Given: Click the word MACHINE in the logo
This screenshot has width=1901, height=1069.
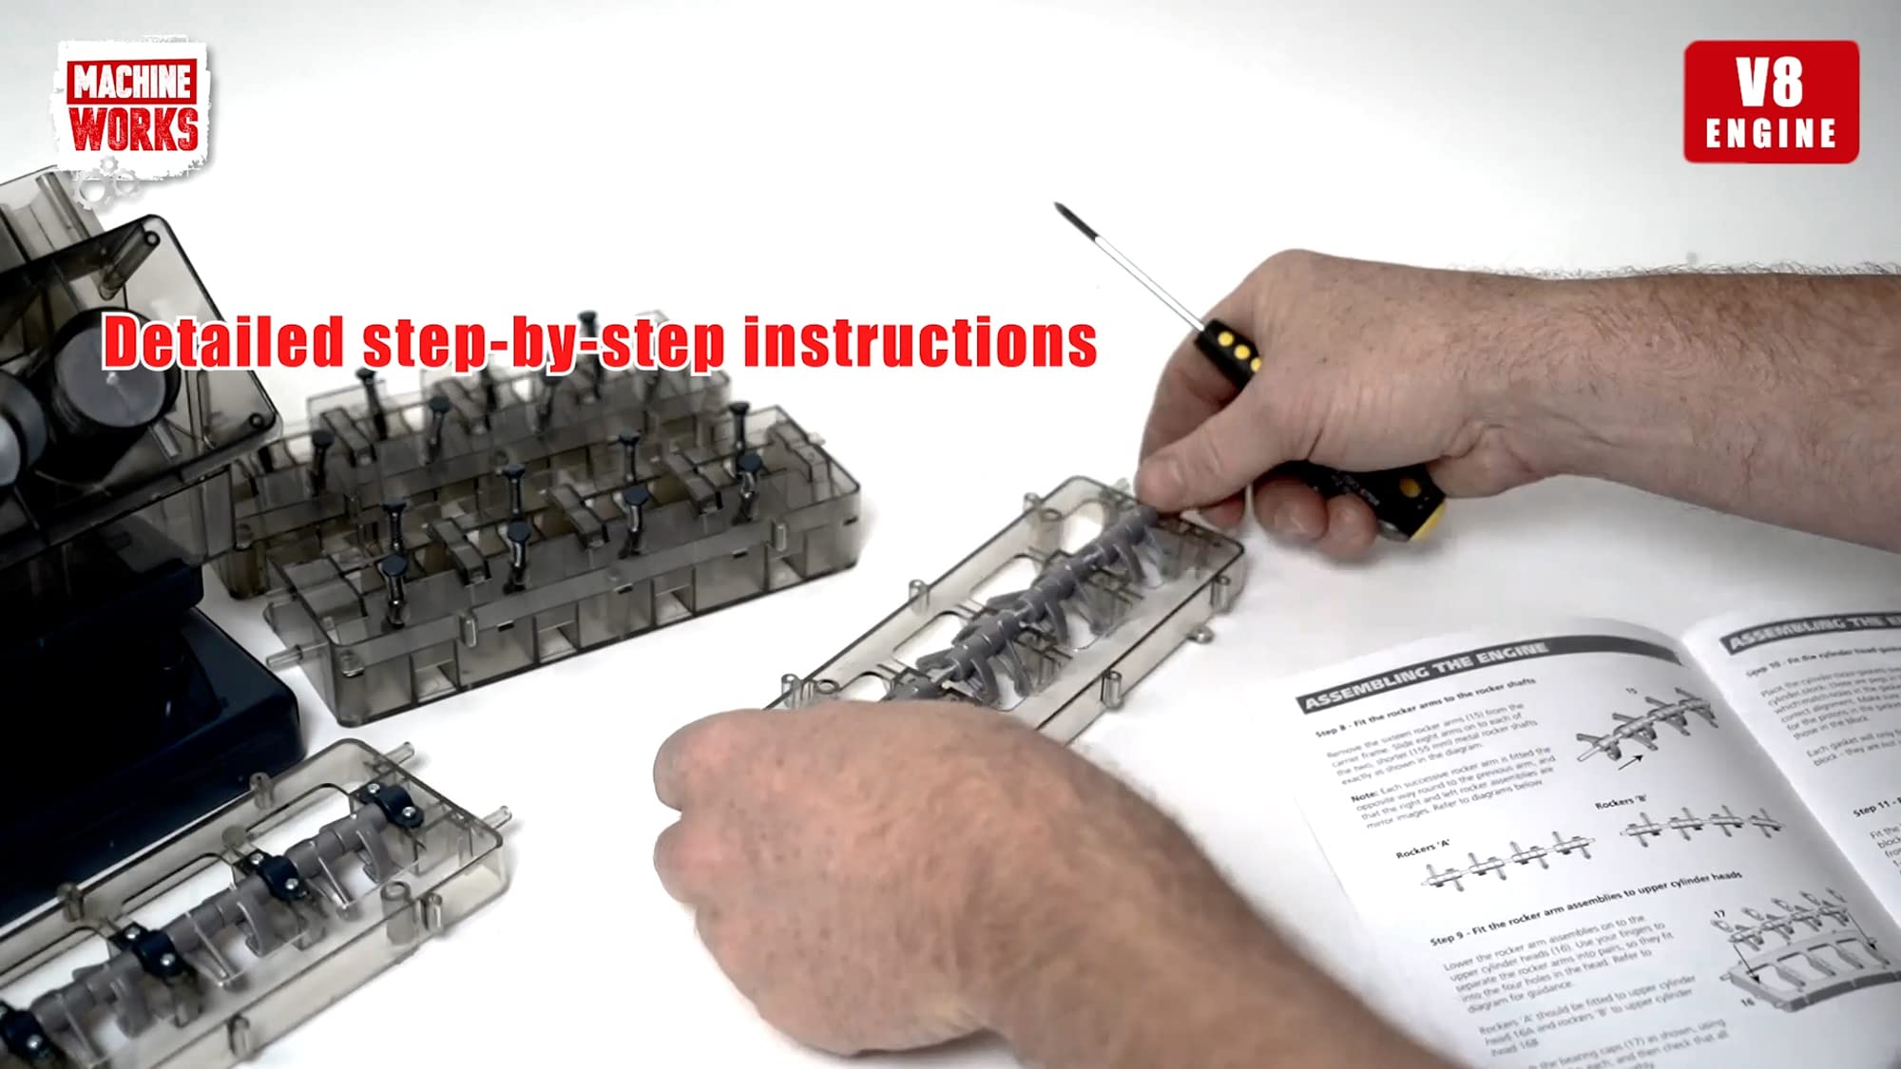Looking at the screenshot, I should tap(133, 82).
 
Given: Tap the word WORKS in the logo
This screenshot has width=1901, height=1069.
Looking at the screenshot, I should tap(134, 129).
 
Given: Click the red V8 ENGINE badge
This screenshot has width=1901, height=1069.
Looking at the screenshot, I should tap(1771, 102).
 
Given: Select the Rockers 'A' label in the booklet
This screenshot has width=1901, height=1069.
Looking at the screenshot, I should tap(1422, 848).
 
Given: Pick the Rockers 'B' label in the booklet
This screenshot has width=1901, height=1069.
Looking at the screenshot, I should tap(1621, 803).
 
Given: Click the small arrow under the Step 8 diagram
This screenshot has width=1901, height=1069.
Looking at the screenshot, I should tap(1630, 761).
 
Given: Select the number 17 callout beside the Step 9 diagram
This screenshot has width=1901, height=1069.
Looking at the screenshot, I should tap(1719, 915).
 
